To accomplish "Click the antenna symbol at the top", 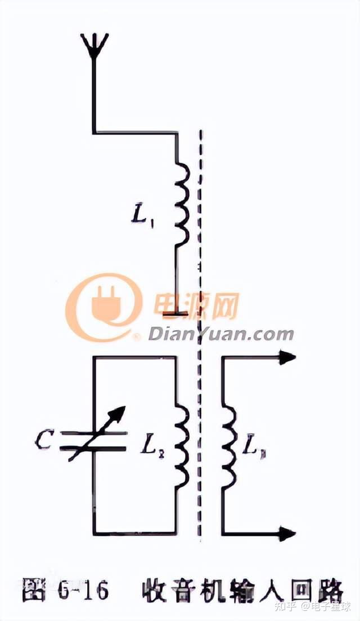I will [x=94, y=45].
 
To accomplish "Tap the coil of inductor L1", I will [x=181, y=204].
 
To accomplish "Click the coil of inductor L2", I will [x=181, y=447].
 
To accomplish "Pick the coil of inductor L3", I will [x=228, y=447].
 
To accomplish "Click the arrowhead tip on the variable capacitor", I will [x=120, y=413].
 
